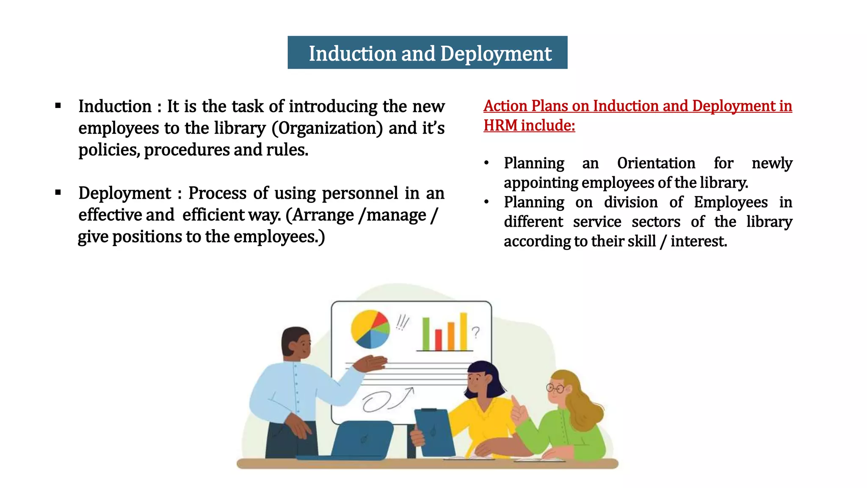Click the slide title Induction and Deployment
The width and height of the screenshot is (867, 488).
click(430, 53)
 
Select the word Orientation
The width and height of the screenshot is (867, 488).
click(656, 163)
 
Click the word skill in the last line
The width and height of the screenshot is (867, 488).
click(641, 241)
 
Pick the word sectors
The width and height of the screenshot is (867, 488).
click(656, 222)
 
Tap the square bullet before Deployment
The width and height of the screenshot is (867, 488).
click(58, 193)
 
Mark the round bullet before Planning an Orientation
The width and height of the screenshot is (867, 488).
click(487, 163)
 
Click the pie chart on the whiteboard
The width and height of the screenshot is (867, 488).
click(370, 329)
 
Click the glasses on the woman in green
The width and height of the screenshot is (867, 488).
click(555, 388)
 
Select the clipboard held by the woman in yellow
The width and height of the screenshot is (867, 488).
click(434, 432)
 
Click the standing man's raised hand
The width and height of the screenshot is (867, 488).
click(372, 363)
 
